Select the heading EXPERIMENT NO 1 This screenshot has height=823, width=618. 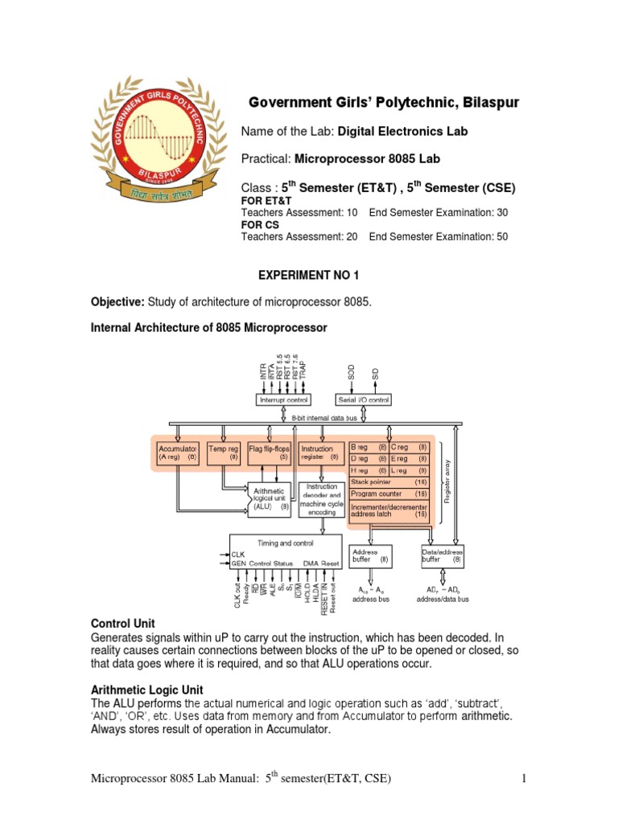point(308,276)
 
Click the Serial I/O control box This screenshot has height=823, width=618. point(363,399)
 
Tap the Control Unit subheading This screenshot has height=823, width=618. point(123,623)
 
